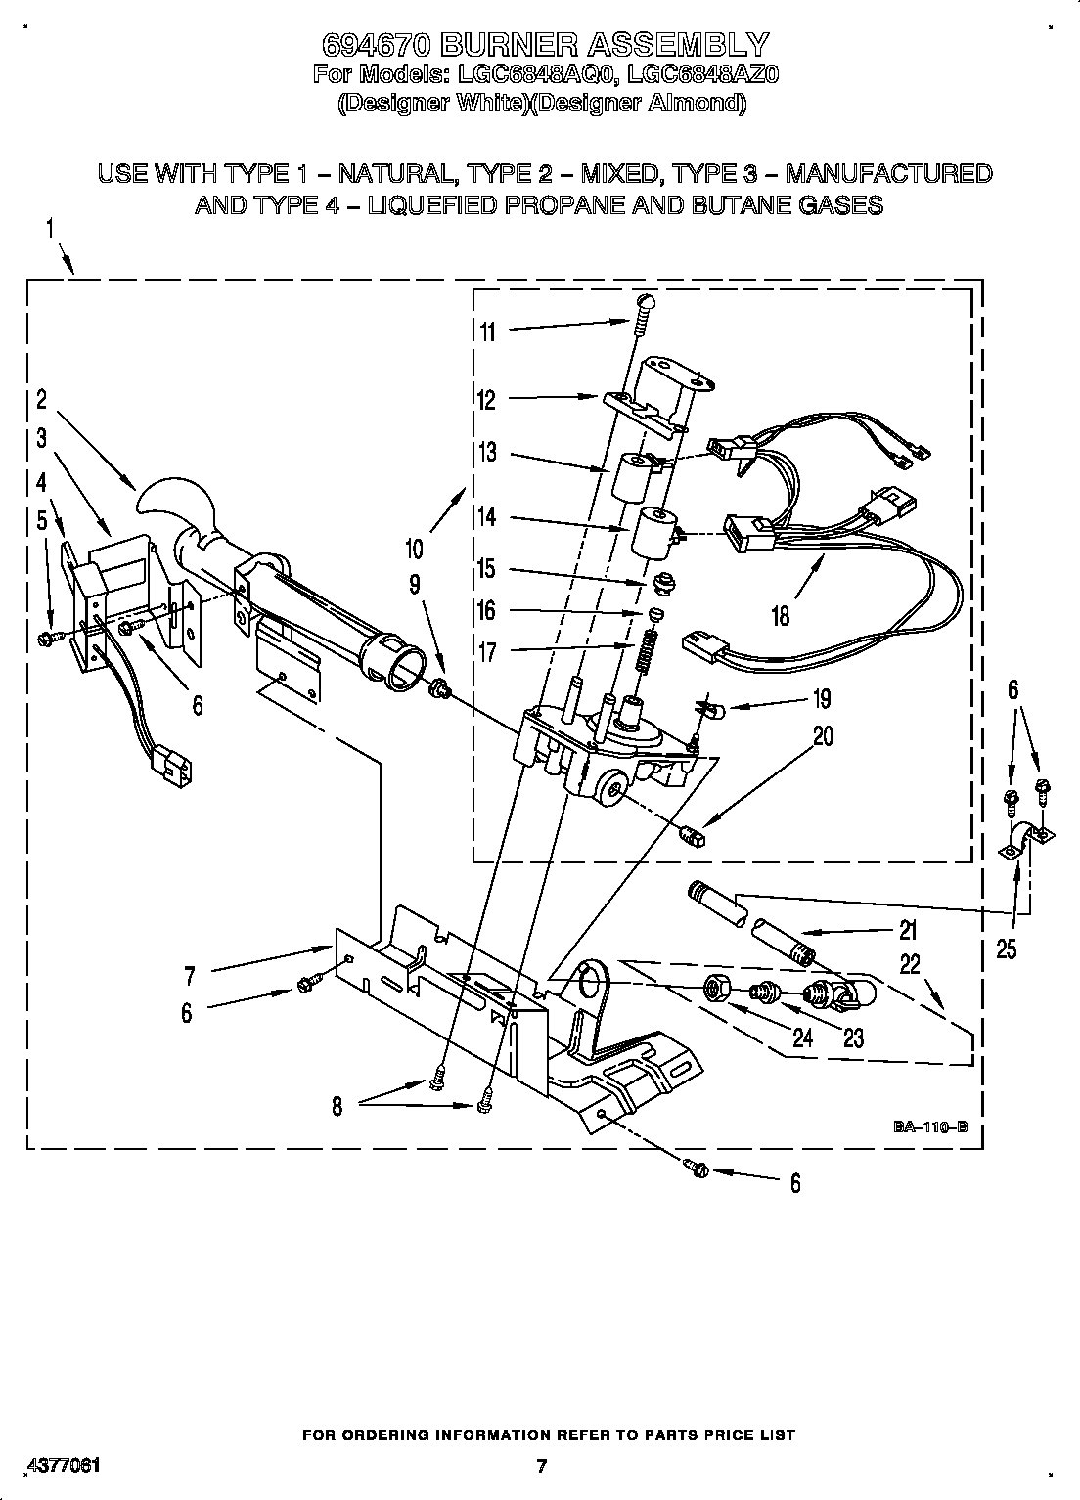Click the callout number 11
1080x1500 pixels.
487,332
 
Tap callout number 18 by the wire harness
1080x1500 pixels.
780,617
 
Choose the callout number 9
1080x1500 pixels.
415,584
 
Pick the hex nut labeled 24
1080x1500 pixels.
715,991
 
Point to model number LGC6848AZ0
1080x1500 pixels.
703,74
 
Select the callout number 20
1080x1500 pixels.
823,735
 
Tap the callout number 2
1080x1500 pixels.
42,399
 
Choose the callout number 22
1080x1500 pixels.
910,964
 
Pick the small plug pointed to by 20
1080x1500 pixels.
693,837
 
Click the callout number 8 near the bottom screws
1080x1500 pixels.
337,1107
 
